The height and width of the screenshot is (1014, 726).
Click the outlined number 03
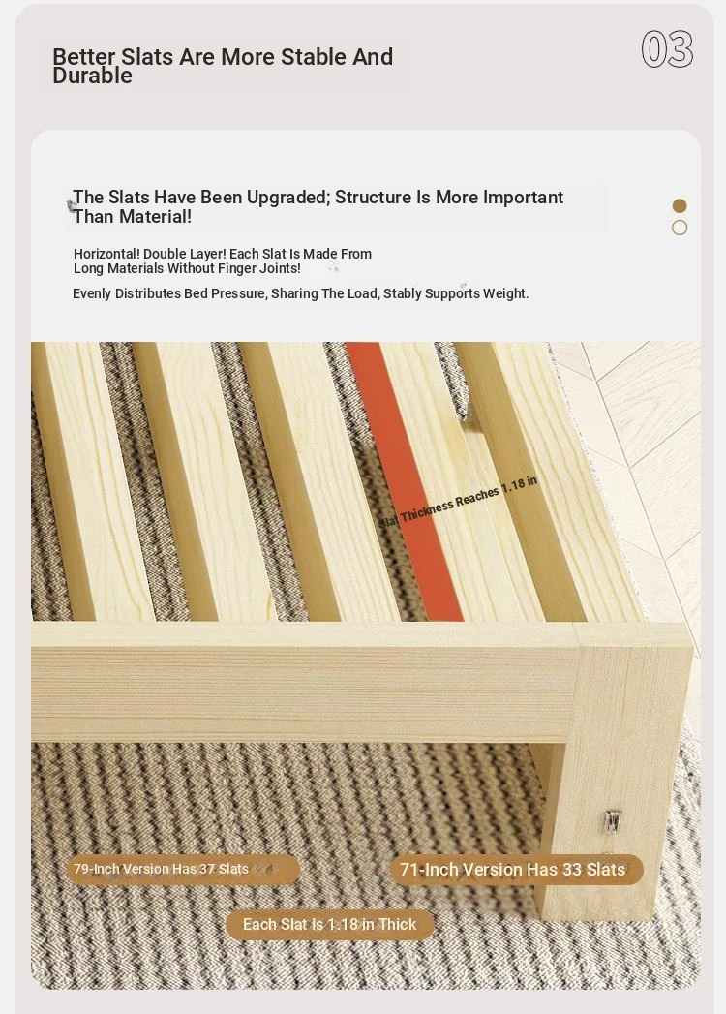(667, 49)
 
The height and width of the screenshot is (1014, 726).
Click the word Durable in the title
(93, 76)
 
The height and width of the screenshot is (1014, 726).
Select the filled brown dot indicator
(680, 205)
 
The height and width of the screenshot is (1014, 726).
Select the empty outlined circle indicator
(680, 228)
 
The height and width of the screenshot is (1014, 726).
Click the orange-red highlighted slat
(404, 481)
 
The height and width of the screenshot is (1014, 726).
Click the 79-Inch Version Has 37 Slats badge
(183, 869)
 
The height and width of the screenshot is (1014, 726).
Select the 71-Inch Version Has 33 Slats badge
(516, 869)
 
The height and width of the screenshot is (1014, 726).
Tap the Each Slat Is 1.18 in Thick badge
(330, 925)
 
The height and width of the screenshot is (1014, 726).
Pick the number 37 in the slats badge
(207, 869)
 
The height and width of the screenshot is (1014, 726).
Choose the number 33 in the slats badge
(571, 869)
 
